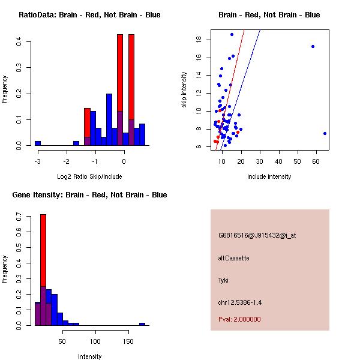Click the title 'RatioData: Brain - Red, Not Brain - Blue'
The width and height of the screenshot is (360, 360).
(89, 15)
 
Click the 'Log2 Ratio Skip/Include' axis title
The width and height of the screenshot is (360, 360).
(90, 176)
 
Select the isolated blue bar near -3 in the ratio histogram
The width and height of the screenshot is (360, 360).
(37, 143)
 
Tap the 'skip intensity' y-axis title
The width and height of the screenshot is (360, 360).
(185, 90)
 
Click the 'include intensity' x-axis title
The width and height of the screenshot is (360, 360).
(269, 176)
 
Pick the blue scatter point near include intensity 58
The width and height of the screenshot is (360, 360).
(313, 46)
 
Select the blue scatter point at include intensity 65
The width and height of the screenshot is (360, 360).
(325, 133)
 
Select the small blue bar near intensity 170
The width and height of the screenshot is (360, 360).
(142, 324)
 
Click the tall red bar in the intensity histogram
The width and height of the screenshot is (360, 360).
(43, 252)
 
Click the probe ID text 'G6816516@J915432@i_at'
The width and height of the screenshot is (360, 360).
(257, 235)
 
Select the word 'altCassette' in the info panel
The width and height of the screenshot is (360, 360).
(233, 258)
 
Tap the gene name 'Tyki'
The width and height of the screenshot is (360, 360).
(223, 280)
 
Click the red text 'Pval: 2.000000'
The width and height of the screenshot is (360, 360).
(239, 319)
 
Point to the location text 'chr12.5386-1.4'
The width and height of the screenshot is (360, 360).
(241, 302)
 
